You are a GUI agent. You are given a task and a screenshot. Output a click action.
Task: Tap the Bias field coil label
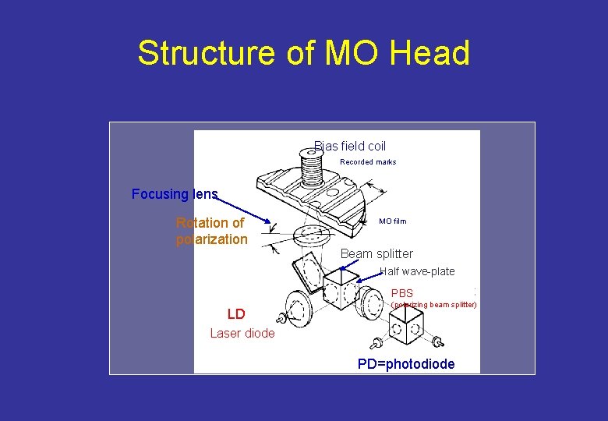pyautogui.click(x=350, y=146)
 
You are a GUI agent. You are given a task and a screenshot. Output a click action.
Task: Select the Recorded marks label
pyautogui.click(x=368, y=162)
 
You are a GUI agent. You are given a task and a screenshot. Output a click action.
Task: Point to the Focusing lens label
pyautogui.click(x=175, y=194)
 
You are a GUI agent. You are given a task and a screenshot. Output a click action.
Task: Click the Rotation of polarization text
pyautogui.click(x=211, y=231)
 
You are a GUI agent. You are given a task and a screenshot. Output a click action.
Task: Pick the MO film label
pyautogui.click(x=392, y=221)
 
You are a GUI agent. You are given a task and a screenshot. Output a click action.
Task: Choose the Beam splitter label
pyautogui.click(x=376, y=253)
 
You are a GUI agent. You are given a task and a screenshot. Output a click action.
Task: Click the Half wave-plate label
pyautogui.click(x=417, y=271)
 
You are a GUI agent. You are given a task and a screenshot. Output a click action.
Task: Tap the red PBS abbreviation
pyautogui.click(x=402, y=293)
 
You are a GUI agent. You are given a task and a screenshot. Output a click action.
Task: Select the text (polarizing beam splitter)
pyautogui.click(x=433, y=305)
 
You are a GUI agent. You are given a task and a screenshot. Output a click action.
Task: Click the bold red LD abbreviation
pyautogui.click(x=236, y=314)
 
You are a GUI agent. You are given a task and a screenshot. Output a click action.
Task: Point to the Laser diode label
pyautogui.click(x=242, y=333)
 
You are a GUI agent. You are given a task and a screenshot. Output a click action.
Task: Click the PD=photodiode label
pyautogui.click(x=405, y=364)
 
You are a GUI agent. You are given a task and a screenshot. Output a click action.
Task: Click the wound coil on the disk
pyautogui.click(x=312, y=168)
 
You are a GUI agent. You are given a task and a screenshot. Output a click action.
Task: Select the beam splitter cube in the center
pyautogui.click(x=341, y=288)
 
